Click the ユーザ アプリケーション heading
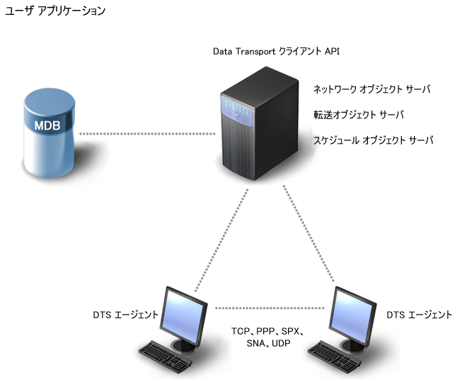(x=55, y=11)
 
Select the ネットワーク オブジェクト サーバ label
(x=371, y=89)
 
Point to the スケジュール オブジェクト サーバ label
(x=373, y=140)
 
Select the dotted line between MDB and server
(x=146, y=133)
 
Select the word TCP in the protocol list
(x=241, y=331)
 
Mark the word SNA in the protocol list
(x=253, y=343)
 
